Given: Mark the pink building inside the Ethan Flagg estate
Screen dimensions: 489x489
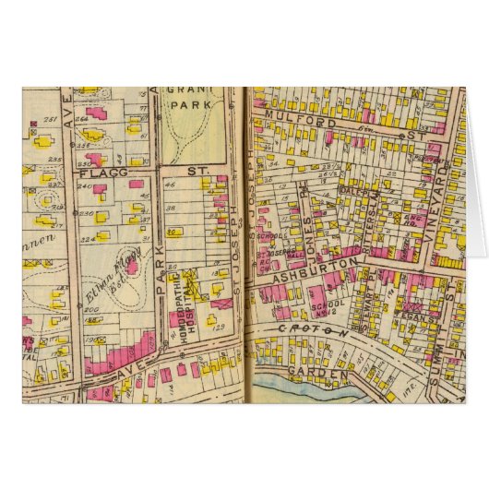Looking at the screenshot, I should coord(131,268).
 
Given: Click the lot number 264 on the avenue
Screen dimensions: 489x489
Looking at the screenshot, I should coord(82,119).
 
